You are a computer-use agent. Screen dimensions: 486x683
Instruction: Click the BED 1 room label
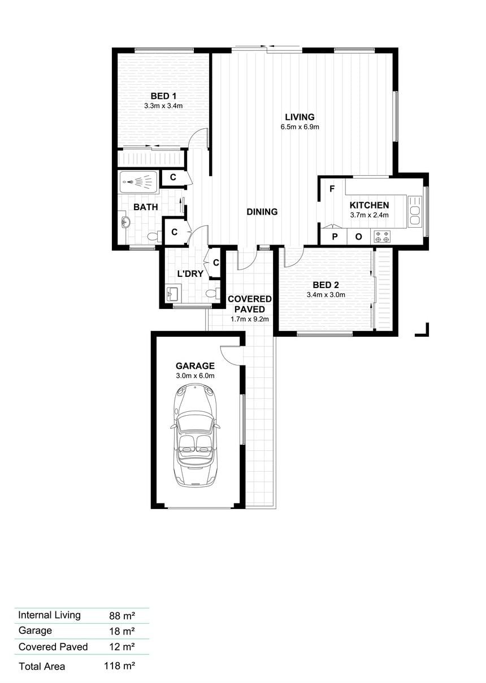(163, 96)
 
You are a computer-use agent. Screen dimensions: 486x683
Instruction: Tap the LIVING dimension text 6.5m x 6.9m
(300, 127)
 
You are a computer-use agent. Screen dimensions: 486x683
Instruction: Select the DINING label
(262, 212)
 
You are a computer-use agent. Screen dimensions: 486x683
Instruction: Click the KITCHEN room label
(369, 205)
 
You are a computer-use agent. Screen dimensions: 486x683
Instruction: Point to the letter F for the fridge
(332, 189)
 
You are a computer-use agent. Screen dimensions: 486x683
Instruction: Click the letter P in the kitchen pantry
(335, 237)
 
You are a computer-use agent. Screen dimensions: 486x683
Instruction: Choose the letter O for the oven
(358, 237)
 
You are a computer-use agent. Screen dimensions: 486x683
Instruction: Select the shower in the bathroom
(139, 182)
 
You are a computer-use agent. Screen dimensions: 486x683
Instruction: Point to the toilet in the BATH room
(155, 236)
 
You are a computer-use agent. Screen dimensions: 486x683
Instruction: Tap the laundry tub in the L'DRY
(173, 293)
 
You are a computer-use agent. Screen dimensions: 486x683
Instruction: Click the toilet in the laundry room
(212, 293)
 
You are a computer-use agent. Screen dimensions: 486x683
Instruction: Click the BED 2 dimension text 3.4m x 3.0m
(326, 295)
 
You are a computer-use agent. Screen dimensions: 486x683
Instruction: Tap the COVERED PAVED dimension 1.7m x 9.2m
(250, 319)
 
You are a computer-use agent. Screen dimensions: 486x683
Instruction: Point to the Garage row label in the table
(35, 630)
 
